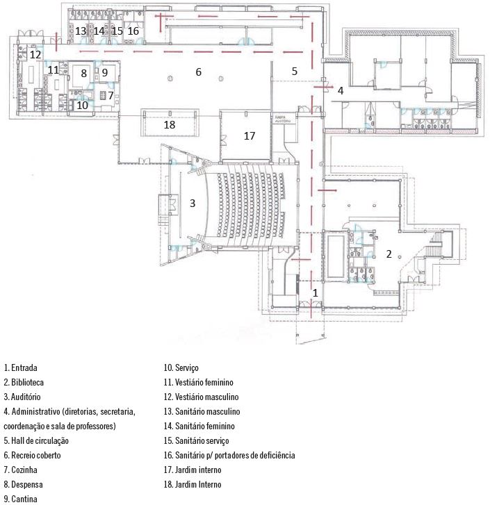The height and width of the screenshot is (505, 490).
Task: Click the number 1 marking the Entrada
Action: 315,293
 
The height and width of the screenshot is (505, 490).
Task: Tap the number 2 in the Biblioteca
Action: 390,254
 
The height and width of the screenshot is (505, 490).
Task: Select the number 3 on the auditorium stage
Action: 193,204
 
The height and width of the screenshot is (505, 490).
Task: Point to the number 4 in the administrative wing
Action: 341,90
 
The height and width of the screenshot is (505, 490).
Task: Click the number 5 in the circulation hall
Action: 294,71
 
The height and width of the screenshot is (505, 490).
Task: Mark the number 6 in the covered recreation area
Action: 198,72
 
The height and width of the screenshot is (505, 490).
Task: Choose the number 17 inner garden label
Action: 250,136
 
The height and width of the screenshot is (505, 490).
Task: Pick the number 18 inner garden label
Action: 169,124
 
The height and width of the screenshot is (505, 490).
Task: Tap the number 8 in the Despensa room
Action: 83,73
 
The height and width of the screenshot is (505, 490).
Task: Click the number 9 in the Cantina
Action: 105,72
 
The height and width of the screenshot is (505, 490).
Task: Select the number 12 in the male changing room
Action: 35,54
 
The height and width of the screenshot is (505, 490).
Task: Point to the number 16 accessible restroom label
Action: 133,31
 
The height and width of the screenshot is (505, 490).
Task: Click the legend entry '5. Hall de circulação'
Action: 36,440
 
